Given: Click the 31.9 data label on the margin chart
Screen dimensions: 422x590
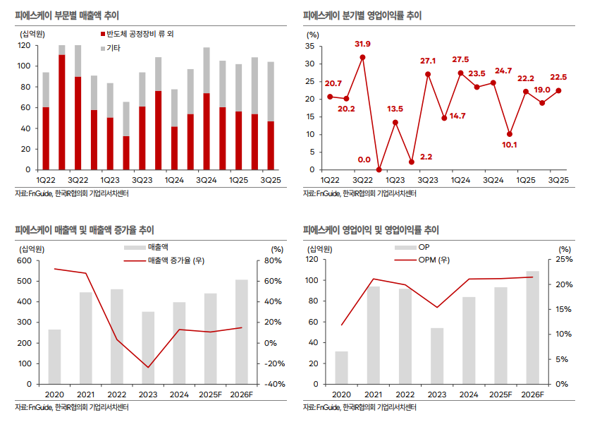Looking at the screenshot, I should click(x=362, y=44).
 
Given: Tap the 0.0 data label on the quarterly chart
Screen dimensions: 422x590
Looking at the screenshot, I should click(x=364, y=159).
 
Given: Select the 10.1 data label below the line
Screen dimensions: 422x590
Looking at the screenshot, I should click(x=510, y=145).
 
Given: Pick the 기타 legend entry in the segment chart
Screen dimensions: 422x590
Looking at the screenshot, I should click(x=112, y=48).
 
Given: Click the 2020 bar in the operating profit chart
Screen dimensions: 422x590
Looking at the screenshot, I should click(x=341, y=367).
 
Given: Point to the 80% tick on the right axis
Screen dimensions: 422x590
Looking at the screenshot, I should click(x=274, y=260).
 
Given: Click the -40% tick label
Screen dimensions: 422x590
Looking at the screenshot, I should click(x=273, y=384).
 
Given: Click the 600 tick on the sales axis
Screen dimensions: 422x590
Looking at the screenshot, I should click(x=24, y=260).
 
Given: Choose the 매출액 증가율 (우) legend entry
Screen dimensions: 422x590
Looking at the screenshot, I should click(x=176, y=260).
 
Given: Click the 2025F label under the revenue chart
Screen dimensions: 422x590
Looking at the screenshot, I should click(x=210, y=394).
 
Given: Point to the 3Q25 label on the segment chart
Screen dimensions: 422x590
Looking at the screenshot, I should click(x=272, y=180).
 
